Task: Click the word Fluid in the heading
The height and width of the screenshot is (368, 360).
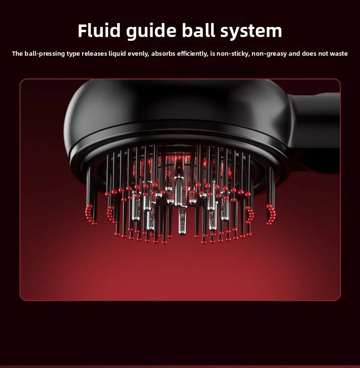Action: [99, 31]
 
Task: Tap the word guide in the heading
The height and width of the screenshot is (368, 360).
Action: [151, 32]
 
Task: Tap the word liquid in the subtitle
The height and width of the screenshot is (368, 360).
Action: [117, 54]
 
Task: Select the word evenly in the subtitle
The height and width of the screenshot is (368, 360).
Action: [138, 54]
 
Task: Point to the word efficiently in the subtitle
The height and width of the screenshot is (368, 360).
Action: [192, 54]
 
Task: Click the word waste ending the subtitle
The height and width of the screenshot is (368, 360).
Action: [339, 53]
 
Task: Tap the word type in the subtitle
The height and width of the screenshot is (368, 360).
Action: [73, 54]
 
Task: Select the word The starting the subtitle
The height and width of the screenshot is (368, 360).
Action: [17, 53]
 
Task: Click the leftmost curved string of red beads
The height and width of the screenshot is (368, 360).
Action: [90, 214]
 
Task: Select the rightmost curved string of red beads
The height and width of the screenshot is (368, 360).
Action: [272, 214]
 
